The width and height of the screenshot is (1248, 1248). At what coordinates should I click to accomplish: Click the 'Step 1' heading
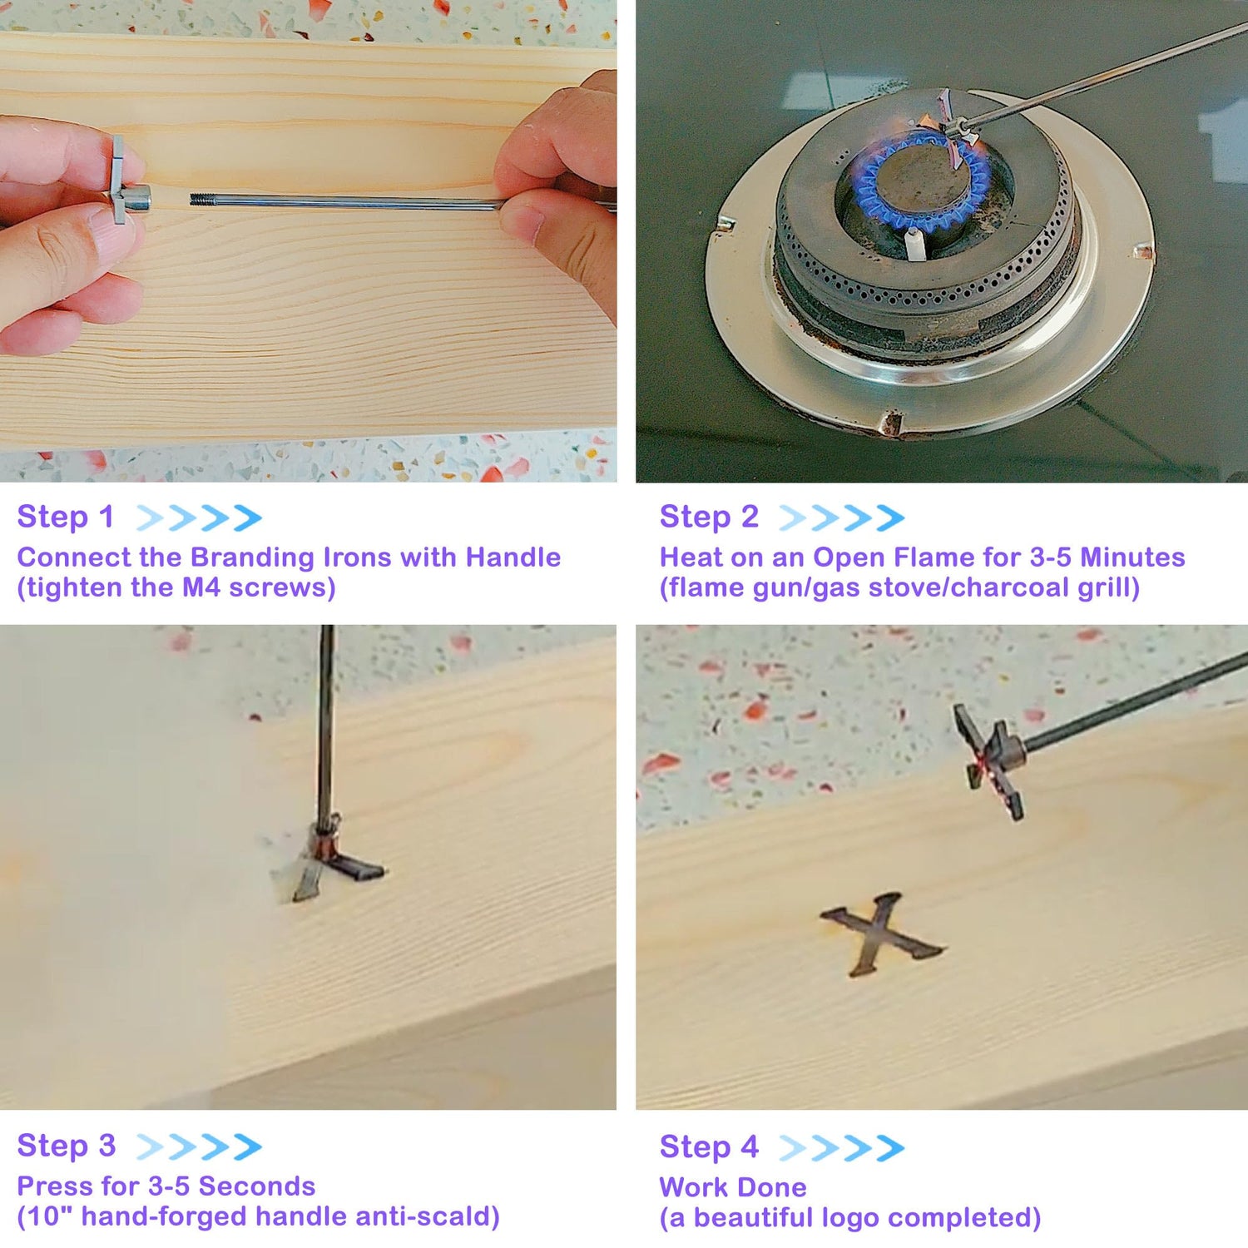point(65,517)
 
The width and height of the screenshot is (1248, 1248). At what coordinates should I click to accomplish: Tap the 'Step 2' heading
point(709,517)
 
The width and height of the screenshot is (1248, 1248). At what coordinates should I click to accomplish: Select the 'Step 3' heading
point(67,1146)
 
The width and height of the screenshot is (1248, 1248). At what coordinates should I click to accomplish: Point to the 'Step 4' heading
point(709,1146)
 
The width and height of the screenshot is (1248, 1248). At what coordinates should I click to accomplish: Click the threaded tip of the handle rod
point(200,200)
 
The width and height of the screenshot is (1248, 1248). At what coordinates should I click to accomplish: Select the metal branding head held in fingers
point(126,181)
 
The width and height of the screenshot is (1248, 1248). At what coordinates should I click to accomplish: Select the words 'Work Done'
point(733,1186)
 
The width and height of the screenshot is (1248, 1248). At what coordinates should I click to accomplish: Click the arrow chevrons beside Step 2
point(841,518)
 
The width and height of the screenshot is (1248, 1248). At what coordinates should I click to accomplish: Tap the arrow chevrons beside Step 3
point(199,1146)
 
